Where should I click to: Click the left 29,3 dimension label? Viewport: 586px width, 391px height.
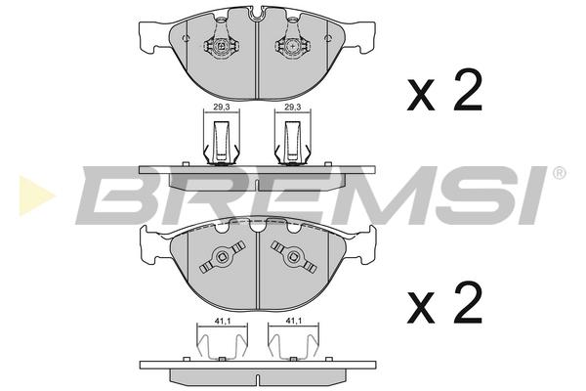(x=222, y=107)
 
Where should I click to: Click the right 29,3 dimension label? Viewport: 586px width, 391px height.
(x=293, y=107)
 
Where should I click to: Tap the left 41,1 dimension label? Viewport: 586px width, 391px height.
(x=222, y=321)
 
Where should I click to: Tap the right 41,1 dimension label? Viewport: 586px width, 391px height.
(x=294, y=321)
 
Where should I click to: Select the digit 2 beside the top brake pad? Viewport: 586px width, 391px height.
(x=468, y=89)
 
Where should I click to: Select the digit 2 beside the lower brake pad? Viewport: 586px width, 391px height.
(x=468, y=302)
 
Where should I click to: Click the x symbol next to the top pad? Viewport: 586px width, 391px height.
(x=421, y=95)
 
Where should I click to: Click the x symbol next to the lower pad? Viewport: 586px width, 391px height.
(x=421, y=308)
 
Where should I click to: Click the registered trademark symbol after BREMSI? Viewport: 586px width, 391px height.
(x=559, y=173)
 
